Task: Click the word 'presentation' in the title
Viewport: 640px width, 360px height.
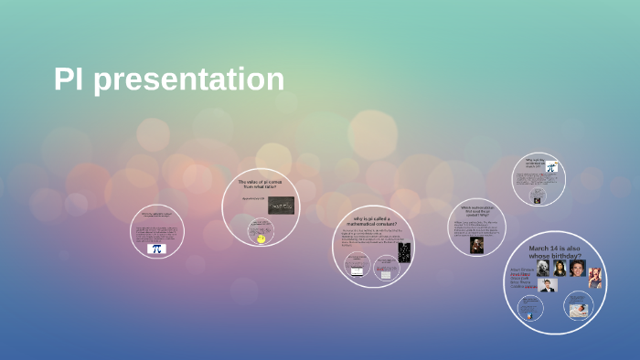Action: [189, 79]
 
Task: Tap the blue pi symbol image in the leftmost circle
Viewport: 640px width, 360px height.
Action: [156, 248]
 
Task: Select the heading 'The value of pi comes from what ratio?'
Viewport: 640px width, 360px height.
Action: [262, 185]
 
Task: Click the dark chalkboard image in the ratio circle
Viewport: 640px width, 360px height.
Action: [280, 206]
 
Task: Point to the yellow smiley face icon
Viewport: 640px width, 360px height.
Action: [261, 238]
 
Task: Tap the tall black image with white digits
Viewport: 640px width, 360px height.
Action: [404, 253]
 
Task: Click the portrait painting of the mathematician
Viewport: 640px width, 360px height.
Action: [476, 245]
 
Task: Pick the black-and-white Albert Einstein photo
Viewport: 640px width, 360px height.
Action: [543, 269]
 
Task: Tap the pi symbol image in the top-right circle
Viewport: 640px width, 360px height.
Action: [551, 167]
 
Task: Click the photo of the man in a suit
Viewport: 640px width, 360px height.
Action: [548, 286]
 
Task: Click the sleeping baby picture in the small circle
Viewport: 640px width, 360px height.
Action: [578, 311]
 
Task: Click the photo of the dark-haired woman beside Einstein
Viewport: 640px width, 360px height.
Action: [560, 269]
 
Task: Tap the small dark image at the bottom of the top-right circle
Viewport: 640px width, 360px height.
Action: [539, 196]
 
